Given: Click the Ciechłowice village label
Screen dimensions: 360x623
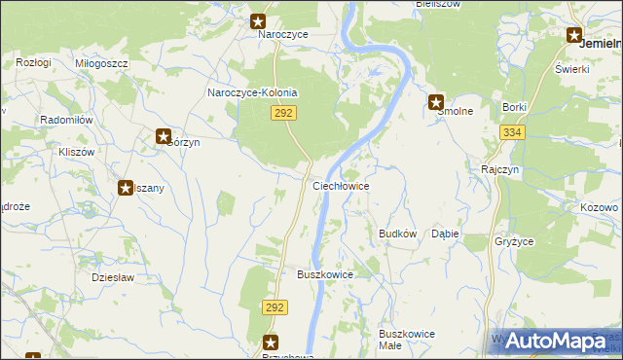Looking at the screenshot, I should pyautogui.click(x=340, y=185).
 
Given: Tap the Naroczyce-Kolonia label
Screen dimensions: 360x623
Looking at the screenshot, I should pyautogui.click(x=252, y=92).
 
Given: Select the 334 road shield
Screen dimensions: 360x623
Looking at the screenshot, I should pyautogui.click(x=513, y=132).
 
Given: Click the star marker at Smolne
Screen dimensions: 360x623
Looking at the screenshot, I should pyautogui.click(x=437, y=101).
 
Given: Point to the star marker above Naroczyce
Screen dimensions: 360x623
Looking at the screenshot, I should pyautogui.click(x=259, y=19).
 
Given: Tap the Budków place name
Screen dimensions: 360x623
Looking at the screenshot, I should pyautogui.click(x=397, y=234).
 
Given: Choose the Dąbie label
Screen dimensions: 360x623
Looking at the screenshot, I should pyautogui.click(x=445, y=234).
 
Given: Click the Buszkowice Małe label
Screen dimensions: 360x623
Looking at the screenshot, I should pyautogui.click(x=407, y=339).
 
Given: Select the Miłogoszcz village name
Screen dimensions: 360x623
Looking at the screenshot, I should pyautogui.click(x=101, y=62).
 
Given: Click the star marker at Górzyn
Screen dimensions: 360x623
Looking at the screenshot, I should pyautogui.click(x=164, y=137).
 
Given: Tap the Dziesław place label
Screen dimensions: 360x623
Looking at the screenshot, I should pyautogui.click(x=112, y=277).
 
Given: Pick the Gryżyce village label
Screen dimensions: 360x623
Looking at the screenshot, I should pyautogui.click(x=514, y=240).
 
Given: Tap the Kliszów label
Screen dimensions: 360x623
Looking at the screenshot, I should pyautogui.click(x=76, y=153).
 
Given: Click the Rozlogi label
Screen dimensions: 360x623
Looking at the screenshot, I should pyautogui.click(x=33, y=62).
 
